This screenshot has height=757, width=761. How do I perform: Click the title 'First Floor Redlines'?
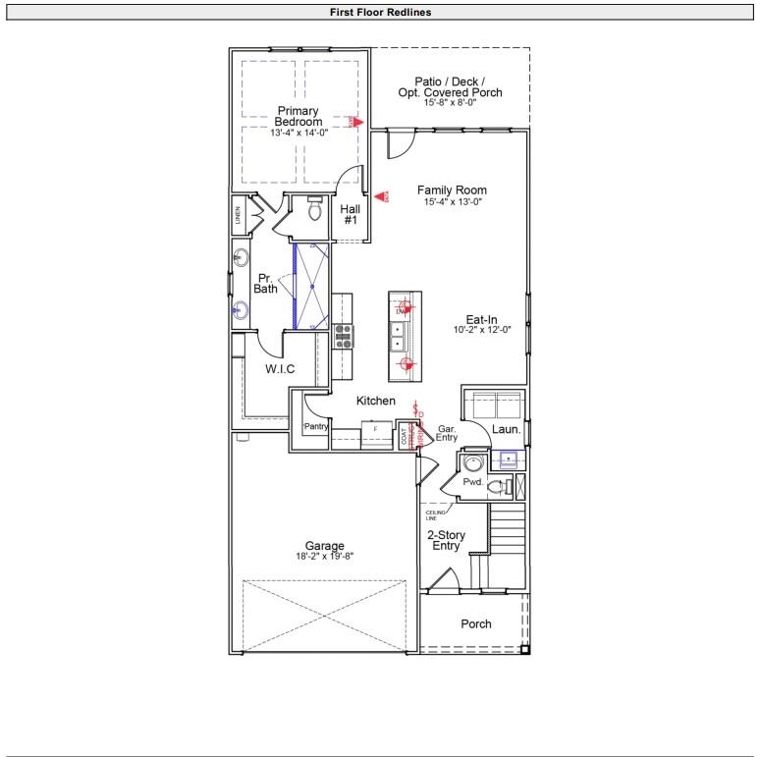click(381, 13)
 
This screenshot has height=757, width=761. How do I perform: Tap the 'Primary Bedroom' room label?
click(299, 116)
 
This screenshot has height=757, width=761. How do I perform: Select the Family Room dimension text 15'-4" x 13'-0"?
click(453, 201)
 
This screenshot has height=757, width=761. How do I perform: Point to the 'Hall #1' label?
click(351, 215)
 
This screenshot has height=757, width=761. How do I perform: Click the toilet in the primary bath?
click(314, 210)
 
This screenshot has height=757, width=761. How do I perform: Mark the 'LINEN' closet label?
click(238, 215)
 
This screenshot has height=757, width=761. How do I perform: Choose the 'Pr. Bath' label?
click(266, 283)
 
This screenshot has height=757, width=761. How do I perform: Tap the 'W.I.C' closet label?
click(280, 369)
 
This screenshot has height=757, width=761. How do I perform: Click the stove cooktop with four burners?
click(344, 336)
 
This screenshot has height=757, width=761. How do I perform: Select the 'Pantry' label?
click(315, 426)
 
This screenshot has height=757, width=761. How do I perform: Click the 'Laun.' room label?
click(507, 429)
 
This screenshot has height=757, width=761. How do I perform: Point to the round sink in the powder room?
click(473, 465)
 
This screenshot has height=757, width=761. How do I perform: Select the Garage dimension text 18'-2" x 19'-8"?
click(324, 556)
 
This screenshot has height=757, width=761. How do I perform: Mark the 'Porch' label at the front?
click(476, 623)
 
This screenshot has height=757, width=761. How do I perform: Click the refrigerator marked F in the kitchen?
click(375, 432)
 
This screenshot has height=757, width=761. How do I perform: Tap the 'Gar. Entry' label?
click(448, 433)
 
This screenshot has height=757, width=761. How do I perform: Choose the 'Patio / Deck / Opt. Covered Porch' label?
click(450, 86)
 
